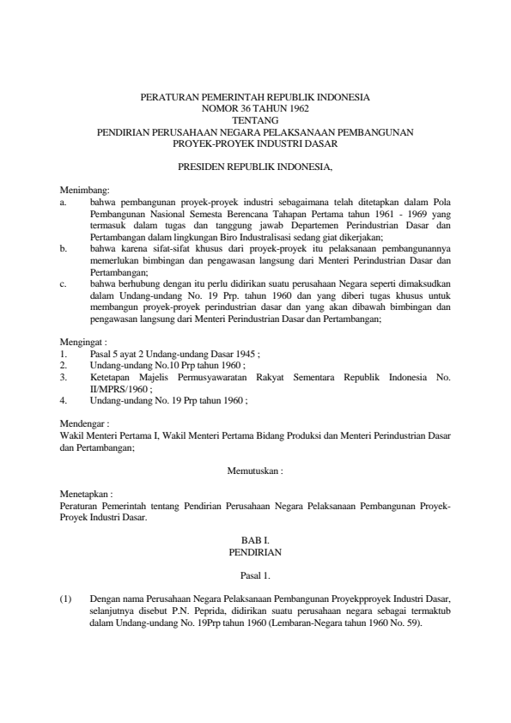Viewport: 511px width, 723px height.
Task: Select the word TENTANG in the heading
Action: pyautogui.click(x=255, y=121)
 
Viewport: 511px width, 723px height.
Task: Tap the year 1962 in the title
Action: pyautogui.click(x=296, y=110)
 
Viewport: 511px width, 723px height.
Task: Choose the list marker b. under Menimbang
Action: pyautogui.click(x=64, y=246)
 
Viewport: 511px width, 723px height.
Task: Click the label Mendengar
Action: pyautogui.click(x=79, y=423)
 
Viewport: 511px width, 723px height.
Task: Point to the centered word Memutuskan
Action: pyautogui.click(x=255, y=471)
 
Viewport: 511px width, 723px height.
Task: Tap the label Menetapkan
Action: pyautogui.click(x=81, y=495)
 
